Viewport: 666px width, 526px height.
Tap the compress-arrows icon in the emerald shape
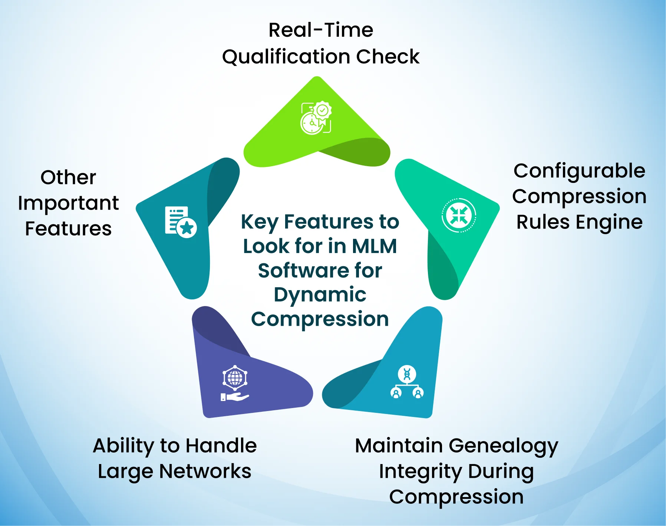(459, 216)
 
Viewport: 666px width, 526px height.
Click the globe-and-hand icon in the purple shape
(235, 384)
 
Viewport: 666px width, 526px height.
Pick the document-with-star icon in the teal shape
(181, 221)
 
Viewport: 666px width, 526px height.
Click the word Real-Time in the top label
(321, 30)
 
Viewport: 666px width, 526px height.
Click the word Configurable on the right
(579, 171)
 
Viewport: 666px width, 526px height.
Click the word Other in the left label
(68, 177)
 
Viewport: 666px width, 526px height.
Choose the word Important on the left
(68, 203)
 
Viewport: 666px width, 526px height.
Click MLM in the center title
(374, 246)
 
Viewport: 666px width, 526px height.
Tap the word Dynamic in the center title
(320, 295)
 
